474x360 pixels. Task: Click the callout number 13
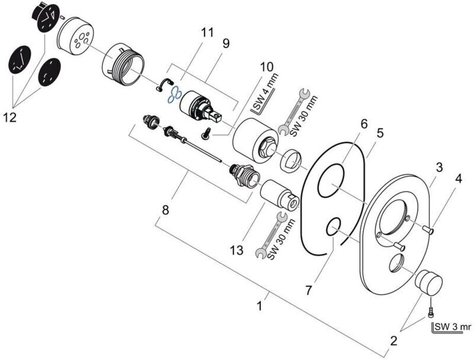[x=237, y=251]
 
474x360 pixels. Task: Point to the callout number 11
[x=206, y=33]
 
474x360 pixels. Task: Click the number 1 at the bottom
[x=259, y=307]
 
